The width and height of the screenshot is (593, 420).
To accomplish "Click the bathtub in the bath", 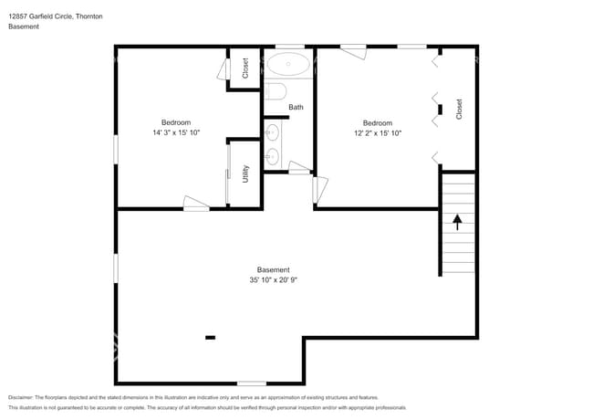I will click(289, 65).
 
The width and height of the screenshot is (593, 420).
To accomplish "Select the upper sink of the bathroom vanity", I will click(273, 133).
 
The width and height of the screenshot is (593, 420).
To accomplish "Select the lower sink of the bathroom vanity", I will click(273, 157).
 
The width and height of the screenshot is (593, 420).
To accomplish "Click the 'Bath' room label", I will click(296, 107).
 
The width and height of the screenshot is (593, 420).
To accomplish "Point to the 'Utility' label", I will click(245, 173).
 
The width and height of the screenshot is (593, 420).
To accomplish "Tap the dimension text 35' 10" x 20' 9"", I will click(274, 280).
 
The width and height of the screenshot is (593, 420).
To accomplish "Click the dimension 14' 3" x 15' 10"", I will click(176, 133).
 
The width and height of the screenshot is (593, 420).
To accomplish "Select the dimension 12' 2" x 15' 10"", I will click(378, 133).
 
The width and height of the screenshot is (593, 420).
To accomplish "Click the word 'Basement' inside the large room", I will click(274, 269).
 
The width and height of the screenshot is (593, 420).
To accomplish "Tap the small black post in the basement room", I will click(210, 337).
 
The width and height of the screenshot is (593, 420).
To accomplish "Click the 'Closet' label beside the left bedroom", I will click(244, 68).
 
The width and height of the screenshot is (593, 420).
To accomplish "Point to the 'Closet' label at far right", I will click(459, 109).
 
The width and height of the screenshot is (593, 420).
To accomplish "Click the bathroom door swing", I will click(299, 167).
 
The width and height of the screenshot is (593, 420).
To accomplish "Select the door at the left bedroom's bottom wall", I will click(195, 205).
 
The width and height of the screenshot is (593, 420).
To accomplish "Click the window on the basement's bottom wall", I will click(252, 383).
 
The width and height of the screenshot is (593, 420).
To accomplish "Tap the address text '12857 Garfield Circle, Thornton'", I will click(55, 16).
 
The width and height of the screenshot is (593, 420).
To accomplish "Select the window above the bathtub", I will click(290, 46).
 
